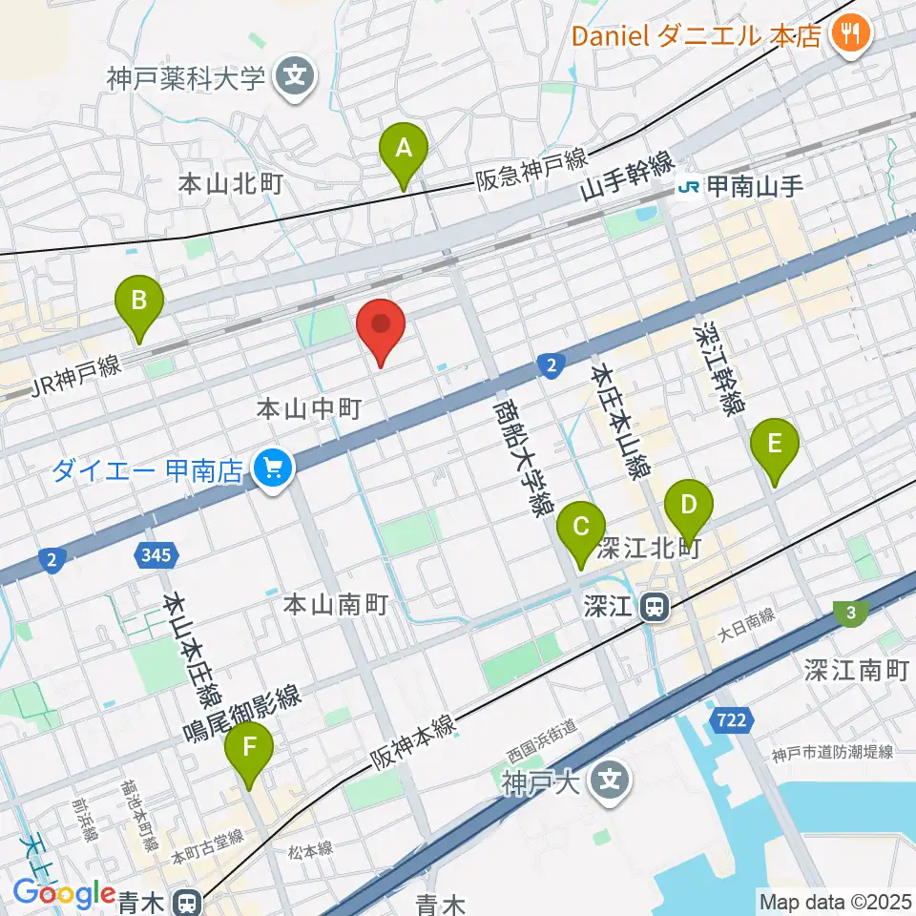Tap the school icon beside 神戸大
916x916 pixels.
click(608, 783)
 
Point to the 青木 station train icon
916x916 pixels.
click(189, 900)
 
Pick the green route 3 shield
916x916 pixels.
click(848, 612)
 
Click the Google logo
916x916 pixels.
click(64, 893)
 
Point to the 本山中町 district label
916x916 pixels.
click(308, 409)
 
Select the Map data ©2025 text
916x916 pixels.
click(835, 900)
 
